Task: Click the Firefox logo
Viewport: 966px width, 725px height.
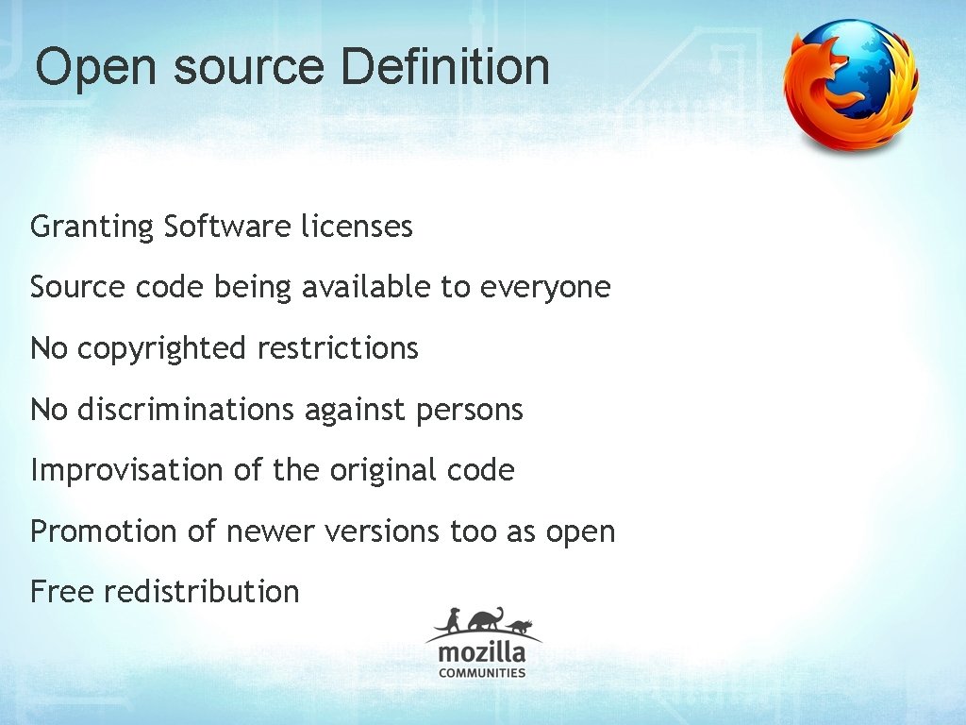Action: click(x=850, y=86)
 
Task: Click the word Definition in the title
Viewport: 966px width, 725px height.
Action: click(x=445, y=67)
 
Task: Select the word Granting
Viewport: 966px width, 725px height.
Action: click(x=92, y=228)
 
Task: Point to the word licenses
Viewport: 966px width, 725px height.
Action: click(x=357, y=228)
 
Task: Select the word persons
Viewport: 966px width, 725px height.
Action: click(x=469, y=410)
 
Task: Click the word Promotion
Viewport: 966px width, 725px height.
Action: click(x=104, y=531)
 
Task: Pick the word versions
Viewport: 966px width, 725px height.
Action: click(x=382, y=531)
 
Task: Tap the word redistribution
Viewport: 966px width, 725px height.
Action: click(x=201, y=592)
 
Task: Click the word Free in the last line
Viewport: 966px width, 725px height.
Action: click(x=62, y=592)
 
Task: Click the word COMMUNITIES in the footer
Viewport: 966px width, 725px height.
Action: click(x=482, y=673)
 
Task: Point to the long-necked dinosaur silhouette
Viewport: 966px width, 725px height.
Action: click(x=483, y=619)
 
